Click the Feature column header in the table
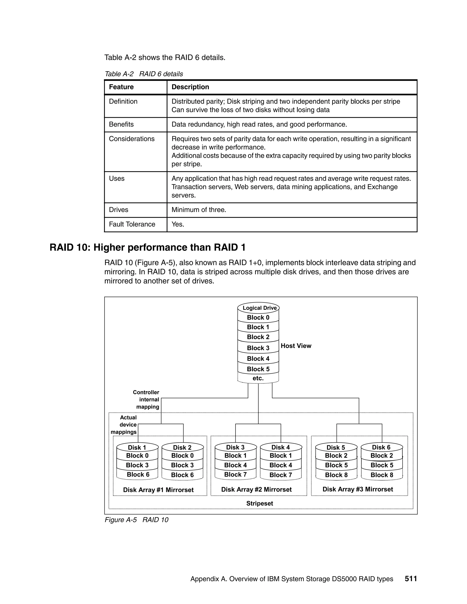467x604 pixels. click(121, 87)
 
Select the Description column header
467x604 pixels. click(190, 87)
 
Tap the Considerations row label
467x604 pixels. click(132, 139)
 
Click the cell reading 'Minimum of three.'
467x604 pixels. click(199, 210)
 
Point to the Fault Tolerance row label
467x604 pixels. click(132, 224)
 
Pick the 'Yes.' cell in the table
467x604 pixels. click(178, 224)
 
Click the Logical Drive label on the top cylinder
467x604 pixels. click(259, 308)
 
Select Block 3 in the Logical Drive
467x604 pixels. click(258, 348)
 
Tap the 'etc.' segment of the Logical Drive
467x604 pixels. click(258, 378)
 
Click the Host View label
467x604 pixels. click(296, 346)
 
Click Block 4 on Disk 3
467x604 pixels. click(235, 465)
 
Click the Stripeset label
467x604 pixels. click(259, 503)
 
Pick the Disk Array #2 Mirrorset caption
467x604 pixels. click(256, 490)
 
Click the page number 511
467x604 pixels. click(410, 578)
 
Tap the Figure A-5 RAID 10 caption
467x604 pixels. click(136, 520)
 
